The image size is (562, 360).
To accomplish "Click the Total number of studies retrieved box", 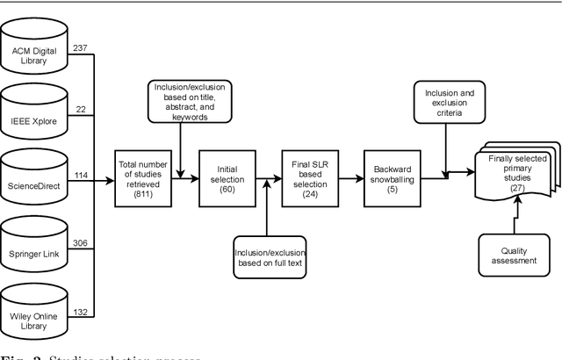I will [x=142, y=177].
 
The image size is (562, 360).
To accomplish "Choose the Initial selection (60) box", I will [x=224, y=177].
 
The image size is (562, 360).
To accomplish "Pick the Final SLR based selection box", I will [x=306, y=177].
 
